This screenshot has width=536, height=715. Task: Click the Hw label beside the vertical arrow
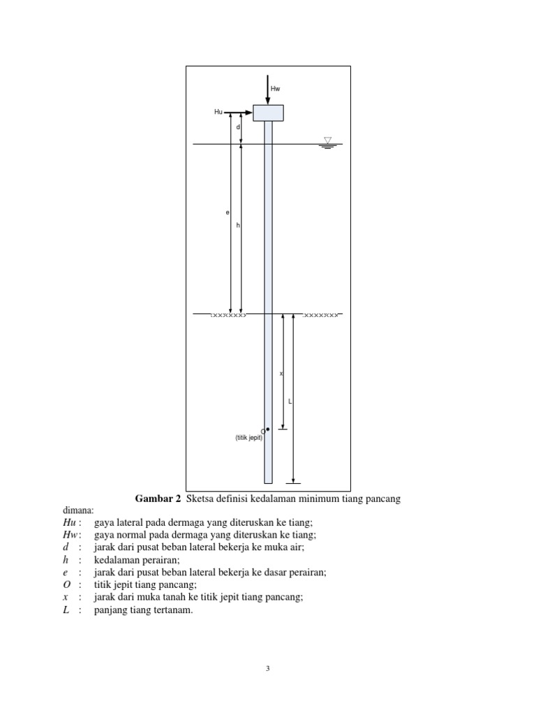tap(275, 89)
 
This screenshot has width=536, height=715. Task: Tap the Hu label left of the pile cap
tap(218, 111)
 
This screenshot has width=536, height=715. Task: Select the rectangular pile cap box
tap(268, 112)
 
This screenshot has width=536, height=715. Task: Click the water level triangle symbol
tap(328, 141)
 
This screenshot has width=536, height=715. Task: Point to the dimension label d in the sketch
tap(237, 128)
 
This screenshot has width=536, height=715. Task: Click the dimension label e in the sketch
tap(227, 212)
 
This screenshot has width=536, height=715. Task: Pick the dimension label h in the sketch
tap(237, 226)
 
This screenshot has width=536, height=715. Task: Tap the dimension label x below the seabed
tap(281, 374)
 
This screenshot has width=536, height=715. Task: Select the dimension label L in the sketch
tap(290, 401)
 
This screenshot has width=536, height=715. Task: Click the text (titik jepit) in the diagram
tap(248, 438)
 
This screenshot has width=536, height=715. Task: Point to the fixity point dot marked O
tap(268, 429)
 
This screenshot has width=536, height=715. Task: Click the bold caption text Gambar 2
tap(157, 499)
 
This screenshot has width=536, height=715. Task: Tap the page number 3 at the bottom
tap(267, 668)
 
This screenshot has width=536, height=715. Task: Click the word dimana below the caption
tap(77, 510)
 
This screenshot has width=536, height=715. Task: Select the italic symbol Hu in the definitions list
tap(68, 522)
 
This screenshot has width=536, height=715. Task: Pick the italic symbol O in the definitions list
tap(66, 584)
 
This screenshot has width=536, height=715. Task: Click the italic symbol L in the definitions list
tap(66, 610)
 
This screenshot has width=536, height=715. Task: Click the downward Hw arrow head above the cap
tap(268, 101)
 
